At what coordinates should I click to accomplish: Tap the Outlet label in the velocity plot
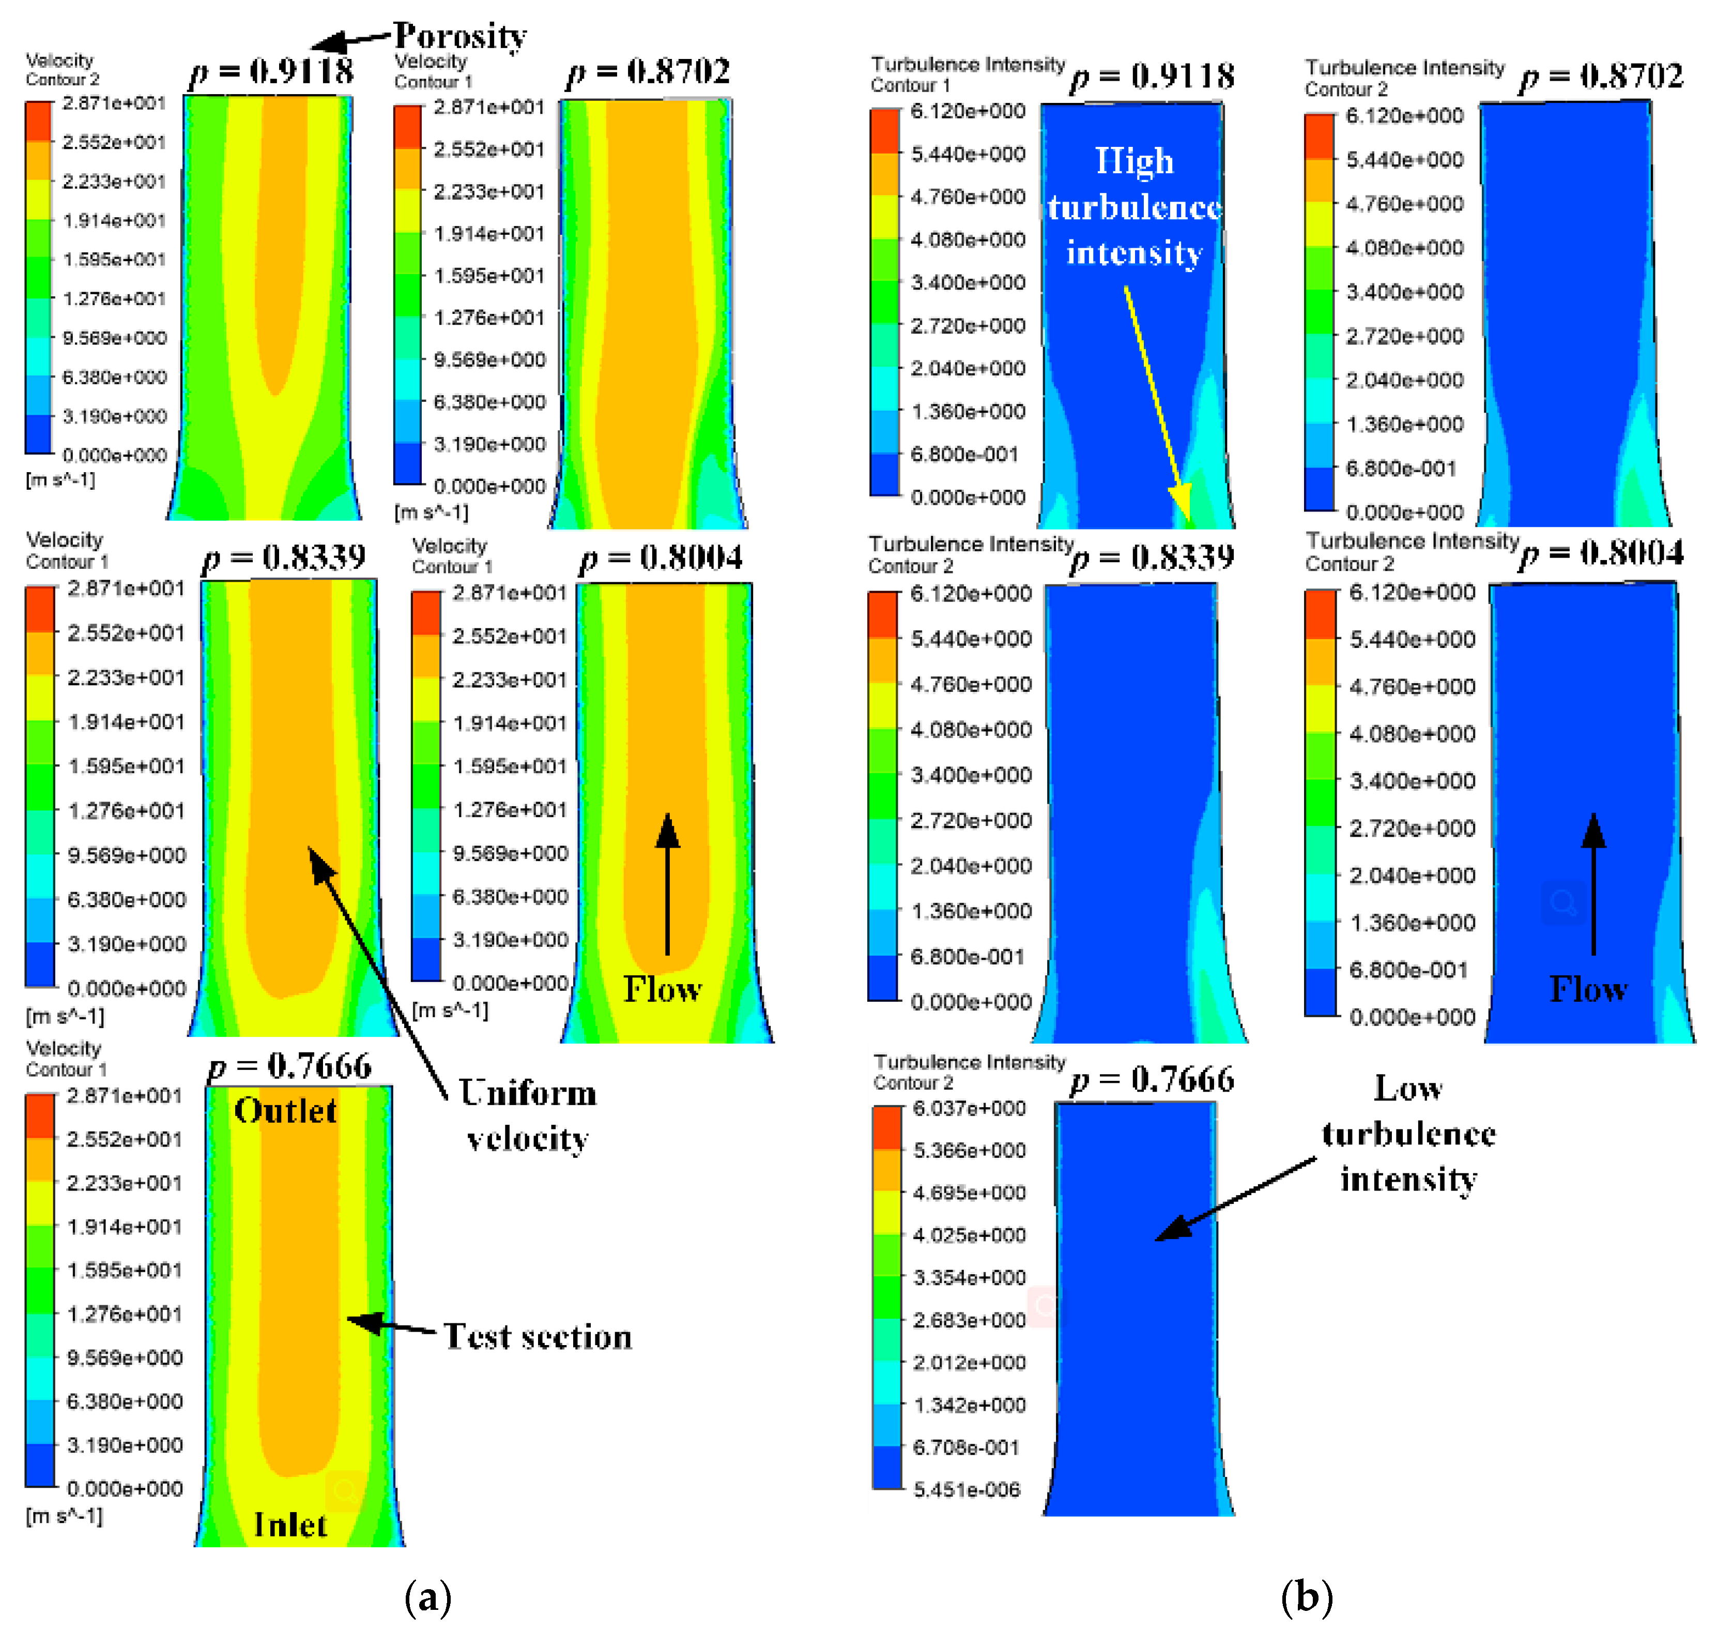click(x=285, y=1111)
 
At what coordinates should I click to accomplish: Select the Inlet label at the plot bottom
click(x=290, y=1525)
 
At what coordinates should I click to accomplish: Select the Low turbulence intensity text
click(x=1408, y=1133)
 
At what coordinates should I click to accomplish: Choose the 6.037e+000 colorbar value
click(x=969, y=1109)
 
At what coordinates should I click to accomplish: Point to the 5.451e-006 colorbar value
click(x=966, y=1490)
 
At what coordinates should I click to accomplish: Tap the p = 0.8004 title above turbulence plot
click(x=1602, y=553)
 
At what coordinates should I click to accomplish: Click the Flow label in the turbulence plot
click(x=1588, y=989)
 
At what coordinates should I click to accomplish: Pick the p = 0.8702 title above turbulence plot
click(x=1602, y=77)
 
